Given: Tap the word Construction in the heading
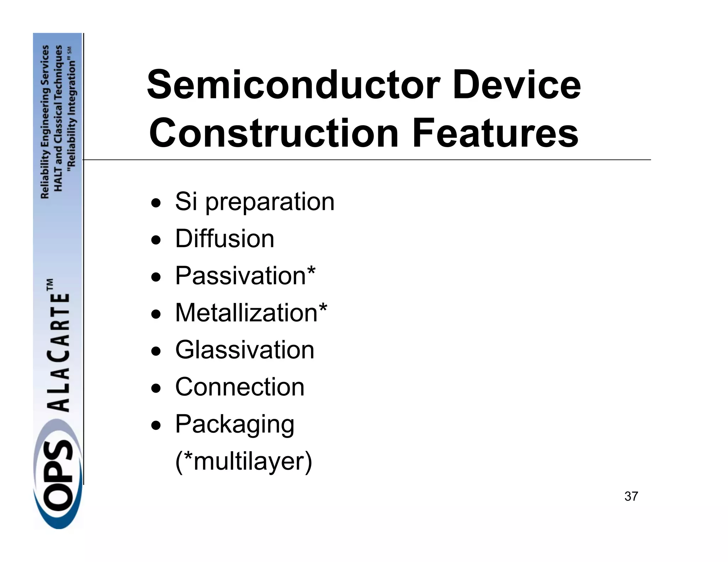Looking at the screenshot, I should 273,133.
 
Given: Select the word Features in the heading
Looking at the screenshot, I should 495,133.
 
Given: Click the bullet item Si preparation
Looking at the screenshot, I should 255,202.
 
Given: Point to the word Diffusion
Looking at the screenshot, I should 225,239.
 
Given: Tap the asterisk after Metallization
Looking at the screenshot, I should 323,308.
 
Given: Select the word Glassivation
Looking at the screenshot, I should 245,350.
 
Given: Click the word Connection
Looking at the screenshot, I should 240,387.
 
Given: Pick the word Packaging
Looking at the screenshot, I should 235,425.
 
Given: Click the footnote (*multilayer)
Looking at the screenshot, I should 243,461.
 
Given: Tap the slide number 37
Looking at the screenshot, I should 631,496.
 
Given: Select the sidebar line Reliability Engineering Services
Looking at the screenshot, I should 45,122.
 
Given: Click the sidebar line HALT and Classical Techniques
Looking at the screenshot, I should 58,118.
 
